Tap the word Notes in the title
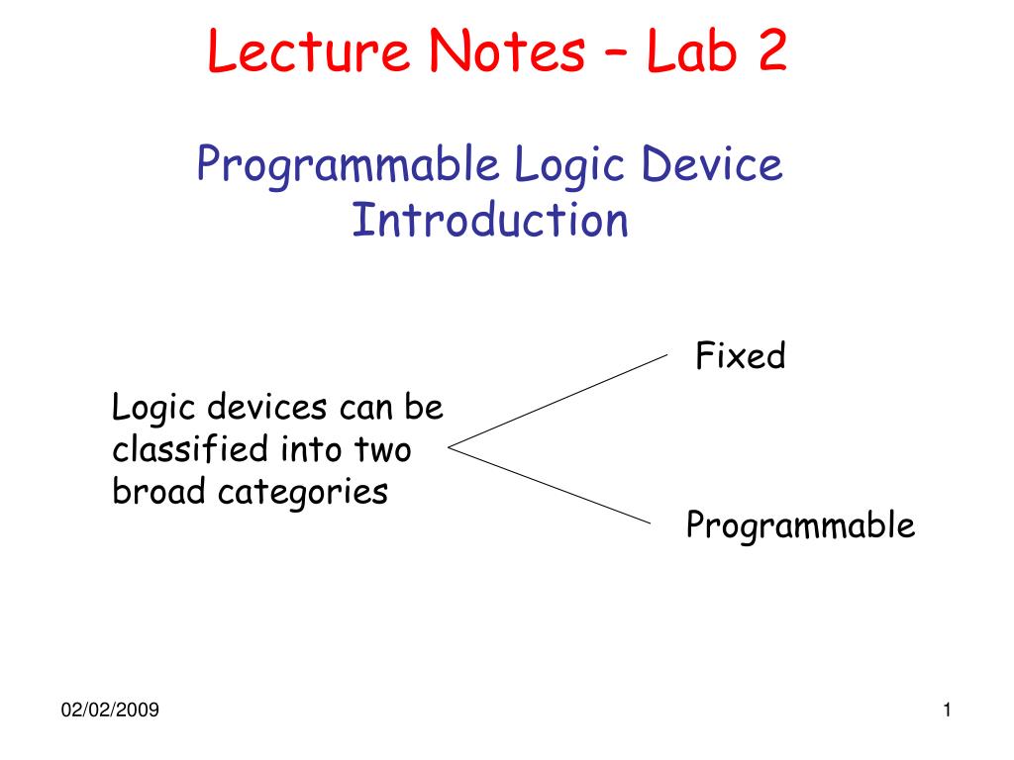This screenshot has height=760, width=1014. click(501, 53)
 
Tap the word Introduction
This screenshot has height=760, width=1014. click(490, 220)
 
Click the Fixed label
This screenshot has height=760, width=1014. click(740, 356)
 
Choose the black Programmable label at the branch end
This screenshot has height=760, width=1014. click(800, 526)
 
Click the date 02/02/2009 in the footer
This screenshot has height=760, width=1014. click(110, 711)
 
